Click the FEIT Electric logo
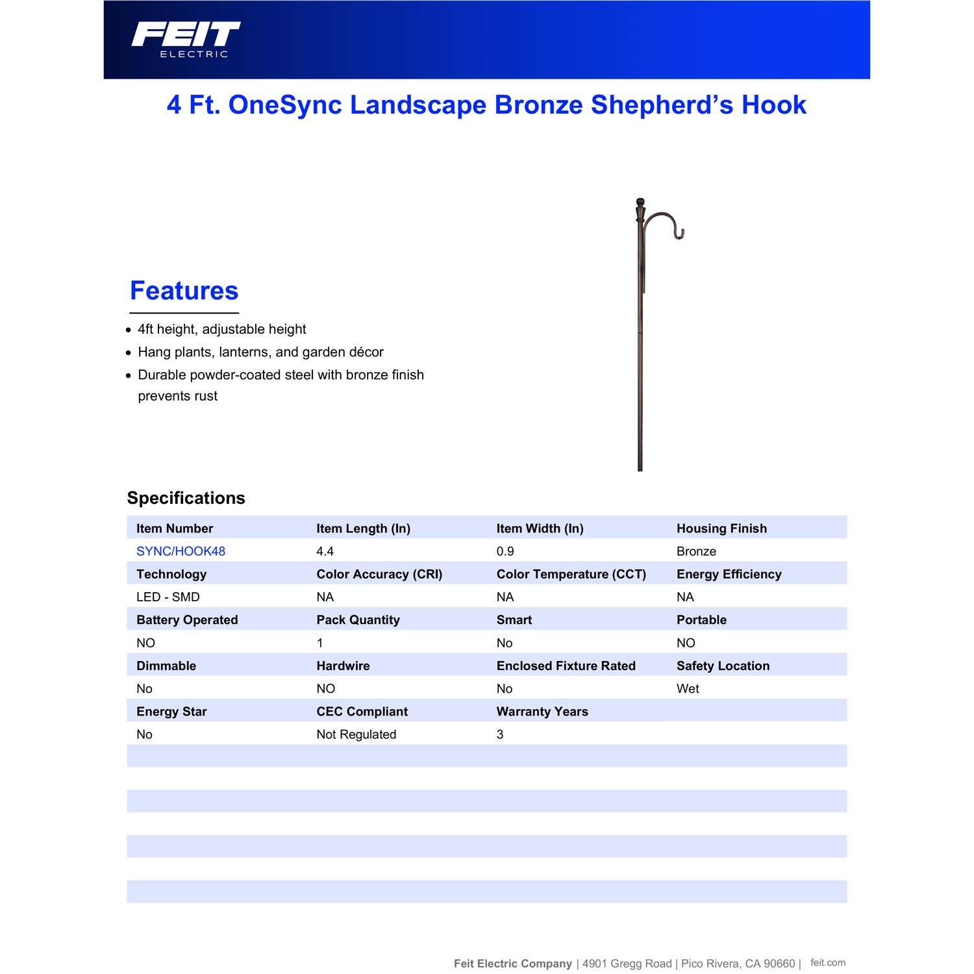(186, 39)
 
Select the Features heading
(184, 291)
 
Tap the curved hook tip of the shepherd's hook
(679, 234)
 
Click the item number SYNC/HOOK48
(181, 551)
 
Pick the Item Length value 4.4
(325, 551)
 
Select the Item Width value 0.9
(505, 551)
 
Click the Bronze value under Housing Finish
(696, 551)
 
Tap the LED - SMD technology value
(168, 597)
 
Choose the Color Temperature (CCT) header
(571, 574)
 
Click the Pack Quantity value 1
(319, 643)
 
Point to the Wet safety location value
(688, 689)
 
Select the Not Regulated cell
(356, 734)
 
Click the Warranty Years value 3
(500, 734)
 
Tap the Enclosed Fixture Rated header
(566, 666)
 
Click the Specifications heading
(186, 498)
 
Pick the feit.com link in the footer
(828, 963)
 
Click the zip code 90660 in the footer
(779, 964)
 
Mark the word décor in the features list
(366, 352)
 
